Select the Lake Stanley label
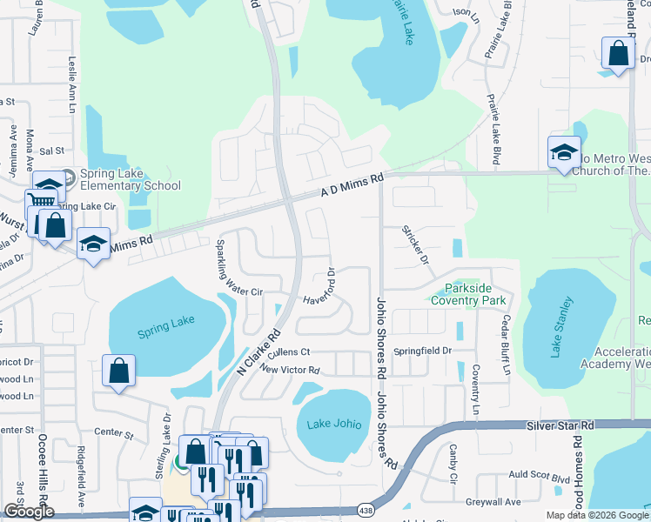[561, 327]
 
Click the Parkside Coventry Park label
[470, 294]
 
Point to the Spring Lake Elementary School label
[129, 179]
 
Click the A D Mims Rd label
[352, 184]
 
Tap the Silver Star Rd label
[560, 425]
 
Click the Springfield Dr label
[423, 351]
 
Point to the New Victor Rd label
[290, 370]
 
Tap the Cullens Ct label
[289, 352]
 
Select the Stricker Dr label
[415, 245]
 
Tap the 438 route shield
[367, 510]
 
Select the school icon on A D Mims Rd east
[564, 152]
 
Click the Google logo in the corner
[28, 512]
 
